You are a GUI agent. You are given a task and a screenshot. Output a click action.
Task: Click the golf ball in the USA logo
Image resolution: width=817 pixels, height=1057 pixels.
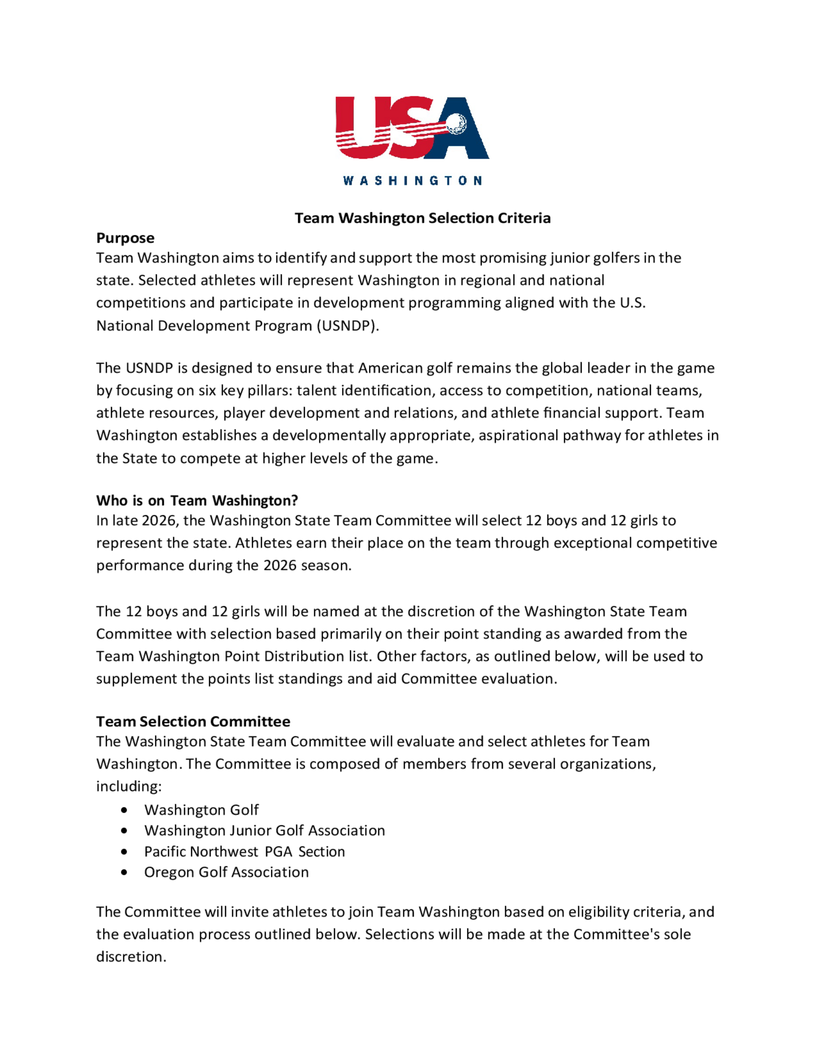455,124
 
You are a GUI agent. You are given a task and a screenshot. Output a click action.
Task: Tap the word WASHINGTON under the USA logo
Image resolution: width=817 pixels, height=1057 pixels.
412,181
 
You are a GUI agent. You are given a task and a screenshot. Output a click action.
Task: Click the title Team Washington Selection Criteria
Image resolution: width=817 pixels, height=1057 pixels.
422,218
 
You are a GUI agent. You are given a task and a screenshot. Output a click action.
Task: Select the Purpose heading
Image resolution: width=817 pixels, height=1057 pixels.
125,238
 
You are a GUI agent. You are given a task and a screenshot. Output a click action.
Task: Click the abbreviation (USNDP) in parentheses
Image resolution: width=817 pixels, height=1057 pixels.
348,326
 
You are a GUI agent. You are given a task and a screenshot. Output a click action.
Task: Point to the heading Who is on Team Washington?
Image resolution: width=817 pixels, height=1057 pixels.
197,500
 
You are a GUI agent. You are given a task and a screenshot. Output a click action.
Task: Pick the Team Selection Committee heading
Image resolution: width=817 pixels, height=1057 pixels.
193,721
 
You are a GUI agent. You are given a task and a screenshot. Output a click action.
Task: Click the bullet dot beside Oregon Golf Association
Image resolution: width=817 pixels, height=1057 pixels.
125,873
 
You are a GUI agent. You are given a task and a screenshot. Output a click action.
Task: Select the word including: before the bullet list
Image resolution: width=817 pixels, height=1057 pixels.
129,787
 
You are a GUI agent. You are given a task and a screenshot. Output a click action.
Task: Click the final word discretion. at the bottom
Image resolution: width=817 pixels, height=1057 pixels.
131,957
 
